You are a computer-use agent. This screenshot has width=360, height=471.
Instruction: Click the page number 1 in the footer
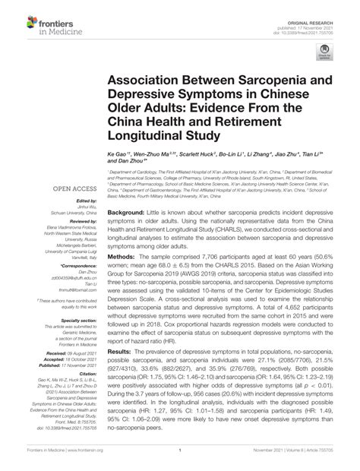pyautogui.click(x=179, y=460)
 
